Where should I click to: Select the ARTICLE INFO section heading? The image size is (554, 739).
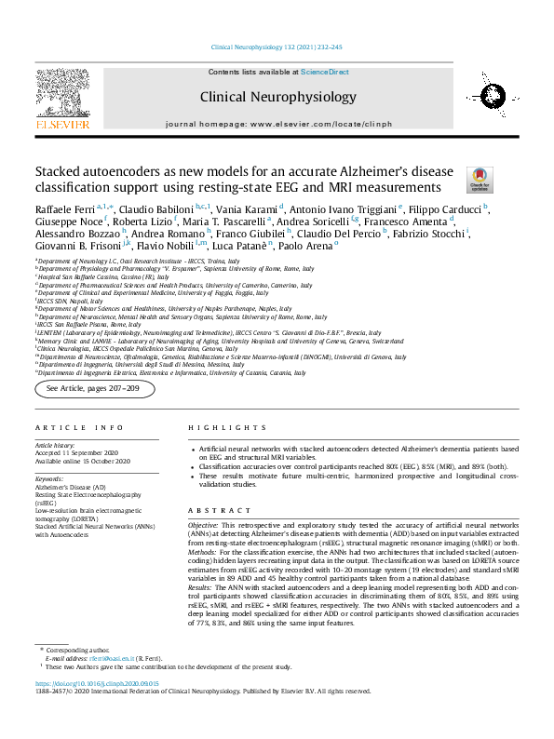tap(79, 427)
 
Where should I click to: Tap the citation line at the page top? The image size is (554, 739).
tap(277, 46)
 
